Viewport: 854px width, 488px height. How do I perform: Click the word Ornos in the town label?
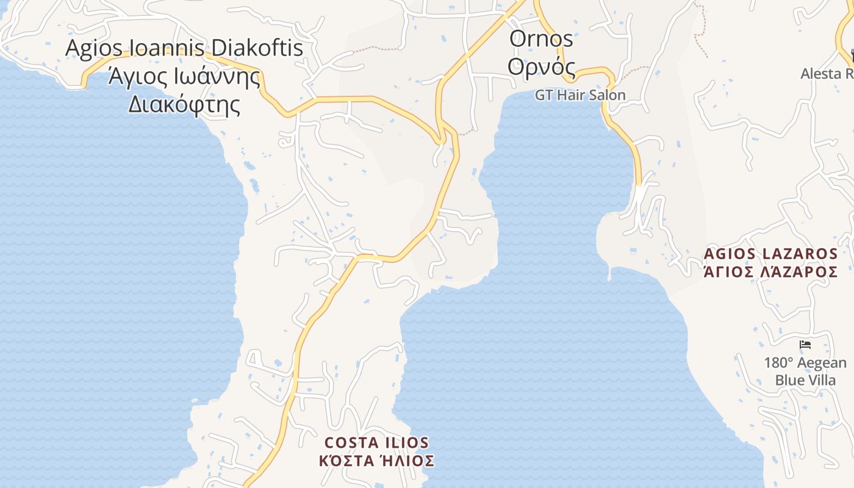tap(541, 39)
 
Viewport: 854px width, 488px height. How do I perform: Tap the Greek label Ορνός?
tap(542, 67)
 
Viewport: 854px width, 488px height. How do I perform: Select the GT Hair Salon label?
tap(580, 95)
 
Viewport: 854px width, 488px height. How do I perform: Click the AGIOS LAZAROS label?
tap(770, 253)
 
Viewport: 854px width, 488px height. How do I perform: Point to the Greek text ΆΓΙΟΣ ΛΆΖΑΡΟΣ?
tap(770, 272)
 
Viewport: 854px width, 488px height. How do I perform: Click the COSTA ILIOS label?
tap(376, 442)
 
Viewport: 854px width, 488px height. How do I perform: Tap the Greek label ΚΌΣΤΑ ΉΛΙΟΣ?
tap(376, 461)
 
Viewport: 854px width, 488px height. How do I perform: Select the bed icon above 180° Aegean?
tap(805, 345)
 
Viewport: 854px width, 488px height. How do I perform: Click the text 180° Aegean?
tap(805, 363)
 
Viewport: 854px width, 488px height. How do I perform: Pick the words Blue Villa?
tap(805, 380)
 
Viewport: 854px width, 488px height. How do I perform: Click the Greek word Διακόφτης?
tap(184, 105)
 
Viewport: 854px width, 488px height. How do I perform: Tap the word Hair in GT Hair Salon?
tap(575, 95)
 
